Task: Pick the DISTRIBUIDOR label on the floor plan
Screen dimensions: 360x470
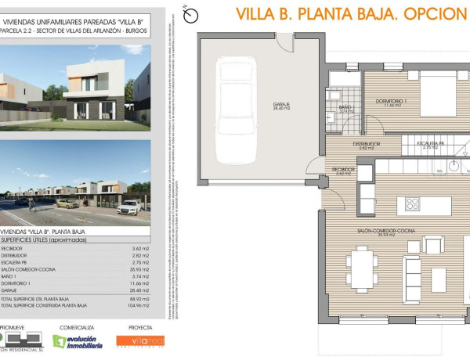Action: click(x=366, y=144)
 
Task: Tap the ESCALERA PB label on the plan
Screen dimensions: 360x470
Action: click(x=430, y=144)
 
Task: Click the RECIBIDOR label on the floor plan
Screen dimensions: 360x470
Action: click(x=344, y=169)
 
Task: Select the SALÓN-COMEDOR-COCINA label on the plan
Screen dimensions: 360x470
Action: click(x=396, y=232)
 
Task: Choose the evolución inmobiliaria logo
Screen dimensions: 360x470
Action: click(x=78, y=341)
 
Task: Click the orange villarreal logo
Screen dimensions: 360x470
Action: click(x=141, y=341)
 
